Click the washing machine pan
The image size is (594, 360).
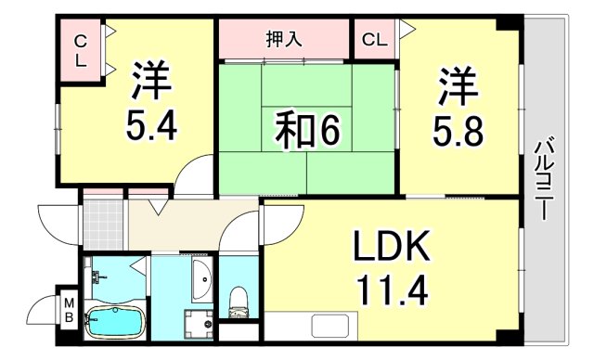pos(197,325)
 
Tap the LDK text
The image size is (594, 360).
pos(390,248)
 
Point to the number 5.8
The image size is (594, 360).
pos(458,130)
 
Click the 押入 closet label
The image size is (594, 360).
pos(282,40)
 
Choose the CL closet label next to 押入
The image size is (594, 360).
pos(375,40)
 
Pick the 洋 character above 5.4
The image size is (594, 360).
pos(152,83)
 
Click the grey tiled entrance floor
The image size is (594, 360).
pos(103,218)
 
